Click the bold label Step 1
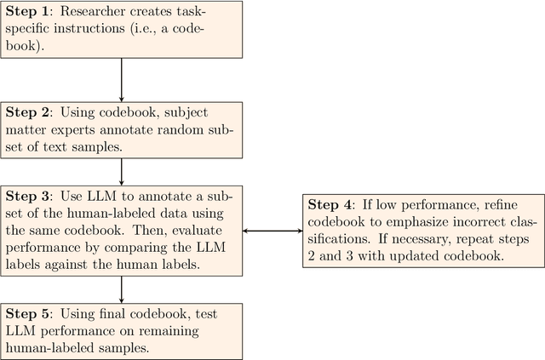click(29, 13)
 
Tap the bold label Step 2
click(29, 111)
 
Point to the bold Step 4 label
click(330, 204)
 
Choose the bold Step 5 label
click(29, 314)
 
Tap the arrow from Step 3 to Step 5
click(122, 288)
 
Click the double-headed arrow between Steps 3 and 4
click(272, 230)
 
